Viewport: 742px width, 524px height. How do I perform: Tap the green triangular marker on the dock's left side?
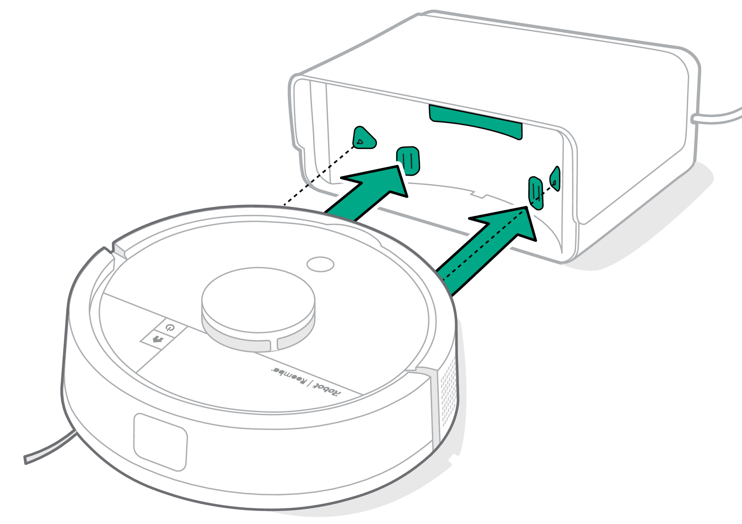pos(364,138)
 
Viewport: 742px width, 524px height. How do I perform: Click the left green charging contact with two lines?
pos(408,160)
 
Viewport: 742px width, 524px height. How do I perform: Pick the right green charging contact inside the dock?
pos(536,193)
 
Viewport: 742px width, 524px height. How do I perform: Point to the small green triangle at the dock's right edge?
pos(555,179)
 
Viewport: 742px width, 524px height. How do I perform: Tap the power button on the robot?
pos(170,327)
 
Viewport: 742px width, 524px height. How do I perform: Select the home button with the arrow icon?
pos(158,339)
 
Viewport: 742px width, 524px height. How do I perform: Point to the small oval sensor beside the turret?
pos(321,264)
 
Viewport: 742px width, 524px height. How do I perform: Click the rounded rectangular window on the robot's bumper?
pos(160,442)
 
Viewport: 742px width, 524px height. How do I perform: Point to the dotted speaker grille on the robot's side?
pos(448,393)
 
